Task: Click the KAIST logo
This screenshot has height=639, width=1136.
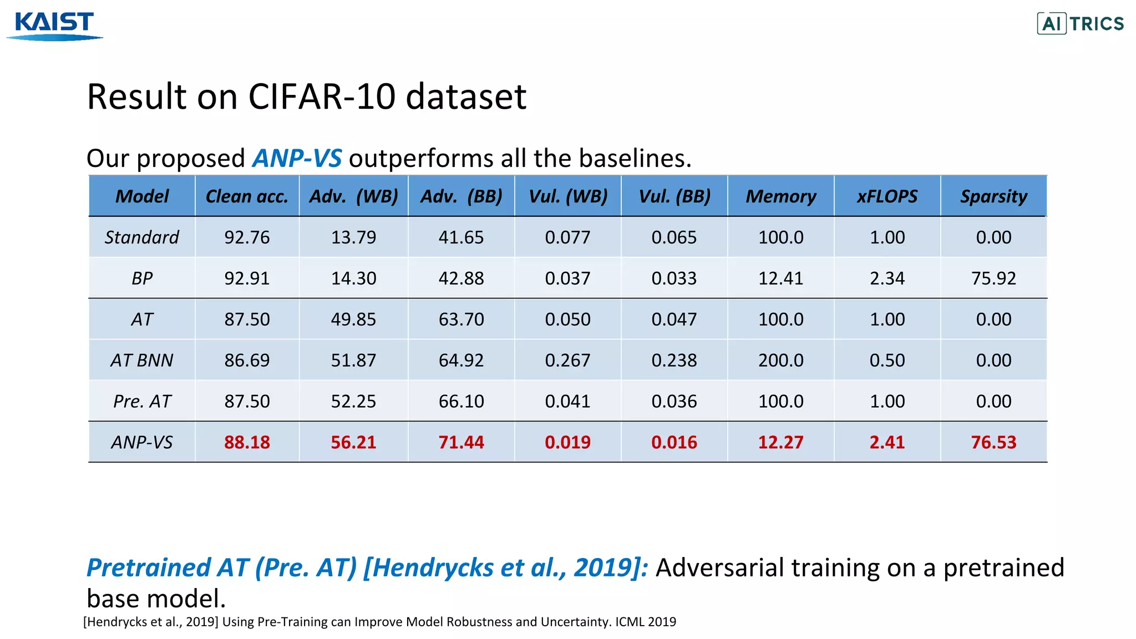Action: [54, 26]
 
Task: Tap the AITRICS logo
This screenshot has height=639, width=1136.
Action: [1080, 24]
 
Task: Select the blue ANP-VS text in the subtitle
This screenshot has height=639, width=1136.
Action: [297, 159]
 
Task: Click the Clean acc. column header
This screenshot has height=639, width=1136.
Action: [247, 196]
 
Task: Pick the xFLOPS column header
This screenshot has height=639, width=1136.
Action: [887, 196]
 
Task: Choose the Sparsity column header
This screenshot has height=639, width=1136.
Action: [993, 196]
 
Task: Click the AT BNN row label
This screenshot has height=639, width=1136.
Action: [142, 361]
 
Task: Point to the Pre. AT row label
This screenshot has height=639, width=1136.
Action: [142, 402]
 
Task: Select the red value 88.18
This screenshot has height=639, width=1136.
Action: [247, 443]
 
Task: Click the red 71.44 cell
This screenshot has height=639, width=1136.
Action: [461, 443]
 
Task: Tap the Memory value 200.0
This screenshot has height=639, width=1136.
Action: [780, 361]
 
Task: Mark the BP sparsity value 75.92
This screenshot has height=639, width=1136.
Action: [993, 278]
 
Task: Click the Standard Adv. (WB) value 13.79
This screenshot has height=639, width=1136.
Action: [353, 237]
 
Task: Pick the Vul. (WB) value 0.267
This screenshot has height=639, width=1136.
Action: [567, 361]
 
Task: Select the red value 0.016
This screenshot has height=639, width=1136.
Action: [674, 443]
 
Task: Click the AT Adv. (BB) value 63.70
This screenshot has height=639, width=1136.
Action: [461, 319]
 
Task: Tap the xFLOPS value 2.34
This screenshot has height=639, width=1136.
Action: [887, 278]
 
